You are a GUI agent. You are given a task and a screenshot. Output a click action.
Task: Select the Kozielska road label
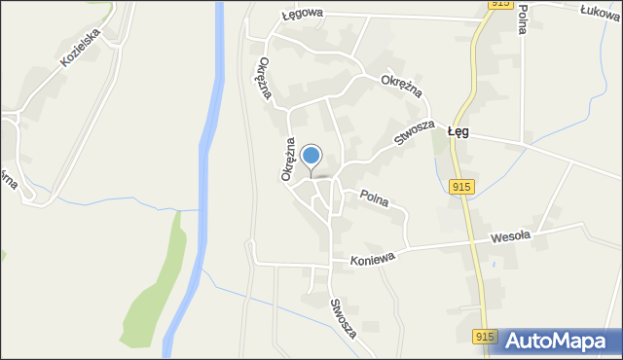click(x=81, y=46)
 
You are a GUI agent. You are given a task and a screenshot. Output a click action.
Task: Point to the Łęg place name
click(x=458, y=131)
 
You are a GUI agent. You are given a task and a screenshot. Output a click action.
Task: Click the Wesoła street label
click(x=509, y=235)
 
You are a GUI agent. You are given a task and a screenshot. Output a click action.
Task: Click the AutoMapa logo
click(x=561, y=341)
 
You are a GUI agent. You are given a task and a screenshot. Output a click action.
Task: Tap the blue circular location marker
click(x=311, y=156)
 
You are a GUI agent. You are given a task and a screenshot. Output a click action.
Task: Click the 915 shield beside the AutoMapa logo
click(x=487, y=337)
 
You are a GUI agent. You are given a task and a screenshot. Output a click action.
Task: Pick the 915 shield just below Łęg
click(x=461, y=186)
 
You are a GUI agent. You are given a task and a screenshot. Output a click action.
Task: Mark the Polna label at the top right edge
click(x=524, y=18)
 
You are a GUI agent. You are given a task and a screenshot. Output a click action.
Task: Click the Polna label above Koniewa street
click(x=373, y=198)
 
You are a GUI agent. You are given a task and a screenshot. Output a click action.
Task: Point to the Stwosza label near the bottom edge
click(x=342, y=317)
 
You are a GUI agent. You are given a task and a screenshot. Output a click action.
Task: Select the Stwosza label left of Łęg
click(x=413, y=132)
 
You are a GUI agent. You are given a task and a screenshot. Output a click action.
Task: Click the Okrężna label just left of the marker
click(x=288, y=158)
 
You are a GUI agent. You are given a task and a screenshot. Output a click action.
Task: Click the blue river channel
click(x=205, y=146)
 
